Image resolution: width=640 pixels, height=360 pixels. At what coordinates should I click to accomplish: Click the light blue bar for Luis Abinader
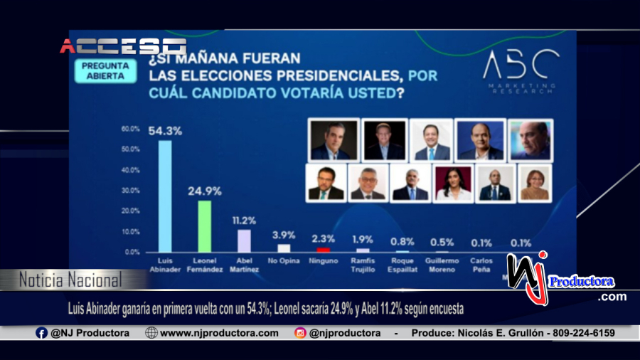click(164, 196)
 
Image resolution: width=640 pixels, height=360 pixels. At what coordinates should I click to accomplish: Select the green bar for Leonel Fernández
click(204, 226)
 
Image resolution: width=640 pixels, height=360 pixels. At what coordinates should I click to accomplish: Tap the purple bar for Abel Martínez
click(244, 240)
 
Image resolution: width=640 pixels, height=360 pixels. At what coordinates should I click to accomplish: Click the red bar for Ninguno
click(323, 250)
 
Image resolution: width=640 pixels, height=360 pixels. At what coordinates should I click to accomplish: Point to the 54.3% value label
click(164, 131)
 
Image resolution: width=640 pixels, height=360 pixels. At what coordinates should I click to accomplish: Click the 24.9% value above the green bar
click(204, 191)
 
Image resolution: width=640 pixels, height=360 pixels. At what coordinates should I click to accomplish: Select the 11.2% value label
click(244, 221)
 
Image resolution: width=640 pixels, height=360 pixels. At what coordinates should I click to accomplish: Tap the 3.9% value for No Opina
click(284, 235)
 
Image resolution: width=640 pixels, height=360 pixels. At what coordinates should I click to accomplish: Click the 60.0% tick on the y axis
click(130, 129)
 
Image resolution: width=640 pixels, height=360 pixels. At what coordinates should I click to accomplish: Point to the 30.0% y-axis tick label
click(130, 191)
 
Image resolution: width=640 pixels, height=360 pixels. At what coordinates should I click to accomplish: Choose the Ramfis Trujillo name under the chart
click(363, 265)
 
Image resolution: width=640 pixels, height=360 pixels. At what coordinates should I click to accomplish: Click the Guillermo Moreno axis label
click(442, 265)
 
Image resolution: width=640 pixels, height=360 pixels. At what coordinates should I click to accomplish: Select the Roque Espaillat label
click(402, 265)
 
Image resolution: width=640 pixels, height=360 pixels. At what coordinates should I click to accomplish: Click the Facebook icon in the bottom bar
click(42, 333)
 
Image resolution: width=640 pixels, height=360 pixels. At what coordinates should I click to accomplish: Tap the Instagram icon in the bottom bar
click(300, 333)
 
